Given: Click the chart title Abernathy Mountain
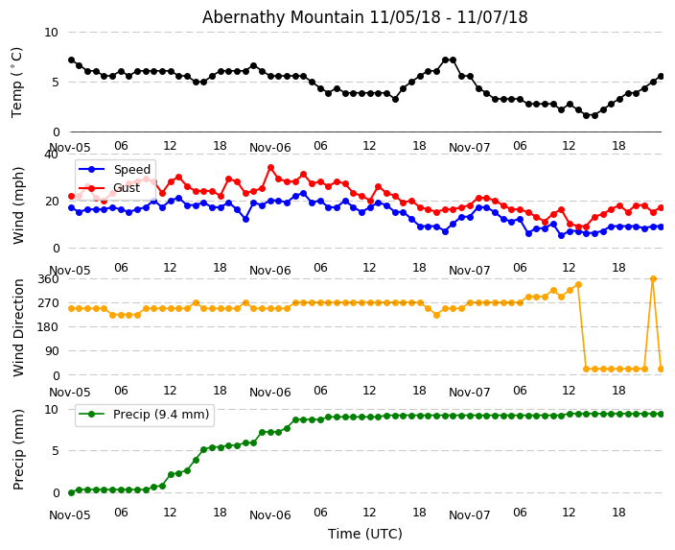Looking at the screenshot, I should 364,17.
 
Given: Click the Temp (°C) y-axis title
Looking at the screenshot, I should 17,82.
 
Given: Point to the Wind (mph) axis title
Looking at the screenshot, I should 18,204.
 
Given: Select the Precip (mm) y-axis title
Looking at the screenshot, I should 18,449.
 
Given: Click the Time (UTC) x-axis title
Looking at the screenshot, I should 364,534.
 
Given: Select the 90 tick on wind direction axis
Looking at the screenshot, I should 50,351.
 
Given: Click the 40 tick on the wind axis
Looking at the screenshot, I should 51,154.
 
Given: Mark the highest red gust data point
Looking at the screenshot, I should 270,168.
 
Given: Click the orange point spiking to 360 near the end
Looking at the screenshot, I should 653,279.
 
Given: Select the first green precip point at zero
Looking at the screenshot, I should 71,492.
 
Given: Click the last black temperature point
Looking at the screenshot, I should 661,76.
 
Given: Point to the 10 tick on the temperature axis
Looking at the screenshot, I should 51,33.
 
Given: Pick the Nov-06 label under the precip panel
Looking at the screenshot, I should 269,514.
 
